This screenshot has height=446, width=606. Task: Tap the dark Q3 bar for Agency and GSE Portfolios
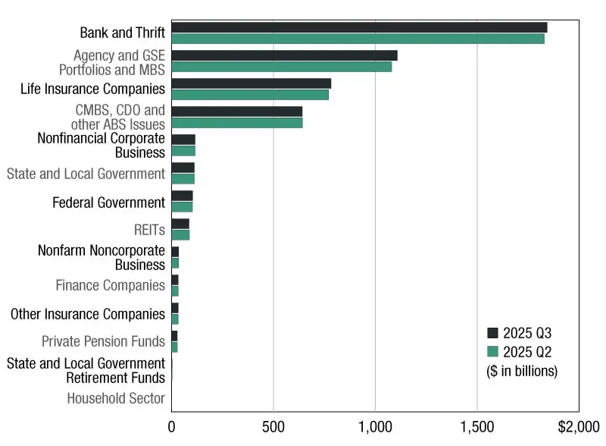pos(284,55)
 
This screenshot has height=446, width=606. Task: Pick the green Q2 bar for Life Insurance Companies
pos(250,95)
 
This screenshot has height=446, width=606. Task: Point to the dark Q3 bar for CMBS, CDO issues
pos(237,111)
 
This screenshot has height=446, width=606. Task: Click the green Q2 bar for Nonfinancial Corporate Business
pos(183,151)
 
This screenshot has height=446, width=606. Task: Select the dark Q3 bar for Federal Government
pos(182,196)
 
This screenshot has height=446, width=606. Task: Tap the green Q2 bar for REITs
pos(180,235)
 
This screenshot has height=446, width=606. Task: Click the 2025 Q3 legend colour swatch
pos(492,333)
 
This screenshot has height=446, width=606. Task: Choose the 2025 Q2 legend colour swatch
pos(492,351)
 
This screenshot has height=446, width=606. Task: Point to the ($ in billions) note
pos(521,371)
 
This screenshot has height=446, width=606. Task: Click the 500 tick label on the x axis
pos(273,426)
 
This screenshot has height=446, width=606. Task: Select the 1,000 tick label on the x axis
pos(375,426)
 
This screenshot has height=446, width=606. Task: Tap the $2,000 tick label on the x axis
pos(579,426)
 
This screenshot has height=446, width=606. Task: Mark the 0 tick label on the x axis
pos(172,426)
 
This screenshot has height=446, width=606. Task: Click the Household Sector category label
pos(116,398)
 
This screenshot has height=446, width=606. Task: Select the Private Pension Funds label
pos(103,341)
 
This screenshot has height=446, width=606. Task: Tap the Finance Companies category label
pos(110,285)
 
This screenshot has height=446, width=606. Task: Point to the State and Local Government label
pos(86,174)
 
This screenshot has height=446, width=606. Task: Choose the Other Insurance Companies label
pos(88,314)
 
